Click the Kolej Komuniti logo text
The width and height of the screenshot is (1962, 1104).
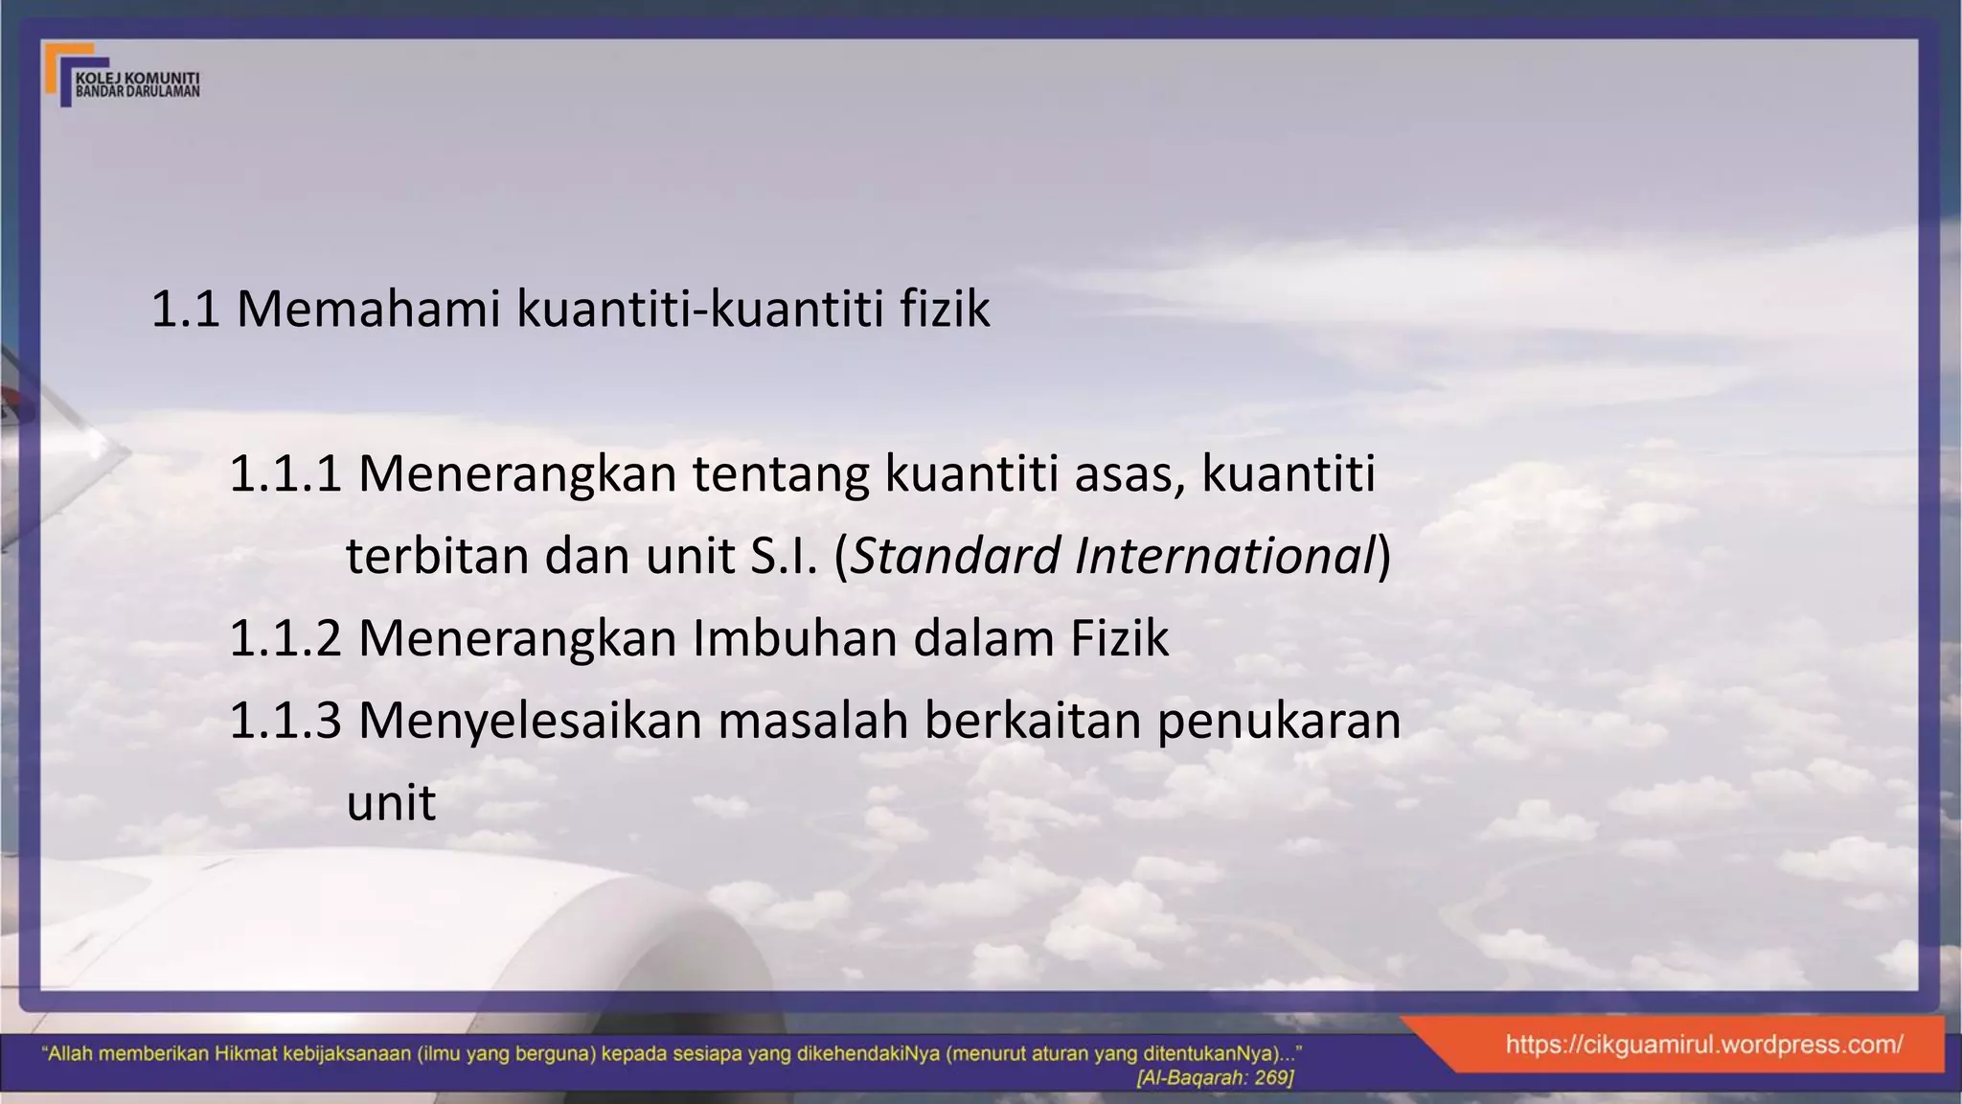[137, 84]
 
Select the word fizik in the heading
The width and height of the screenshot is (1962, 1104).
[945, 310]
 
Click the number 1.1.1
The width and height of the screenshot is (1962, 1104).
[285, 473]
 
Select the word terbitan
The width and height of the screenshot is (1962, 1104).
[438, 556]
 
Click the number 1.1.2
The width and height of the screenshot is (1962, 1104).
[285, 638]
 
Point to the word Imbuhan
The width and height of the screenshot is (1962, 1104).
[794, 638]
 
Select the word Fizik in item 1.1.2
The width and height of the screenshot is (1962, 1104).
[1119, 638]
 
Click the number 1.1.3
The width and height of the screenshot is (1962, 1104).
[285, 721]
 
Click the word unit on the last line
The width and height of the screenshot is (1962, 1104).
[391, 803]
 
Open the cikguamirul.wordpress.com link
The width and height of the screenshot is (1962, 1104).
[1703, 1045]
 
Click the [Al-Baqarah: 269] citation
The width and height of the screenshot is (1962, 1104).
[1214, 1078]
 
